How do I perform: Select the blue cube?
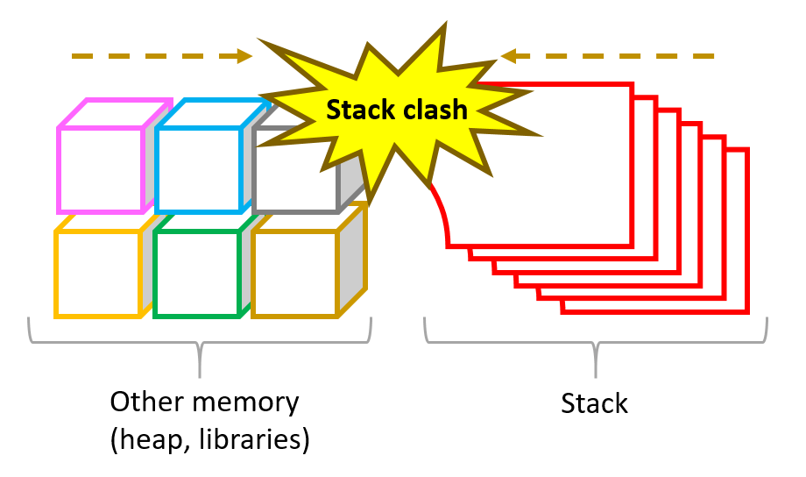[x=198, y=169]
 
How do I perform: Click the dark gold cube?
[x=294, y=273]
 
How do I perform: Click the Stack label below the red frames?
[x=595, y=404]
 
